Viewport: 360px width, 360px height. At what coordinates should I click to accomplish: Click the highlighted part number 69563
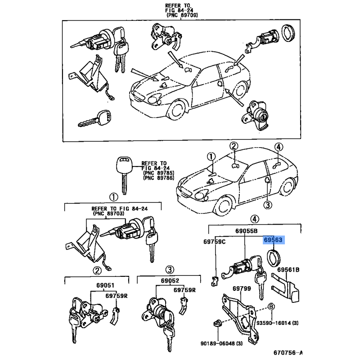tap(273, 240)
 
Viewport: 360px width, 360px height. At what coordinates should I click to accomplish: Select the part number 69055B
tap(246, 231)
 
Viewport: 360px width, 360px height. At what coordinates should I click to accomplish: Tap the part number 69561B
tap(288, 270)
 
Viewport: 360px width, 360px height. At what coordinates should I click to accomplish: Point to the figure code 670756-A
tap(288, 352)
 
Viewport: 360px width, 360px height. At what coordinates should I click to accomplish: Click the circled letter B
tap(271, 307)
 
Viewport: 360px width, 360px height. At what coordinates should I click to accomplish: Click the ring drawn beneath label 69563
tap(274, 258)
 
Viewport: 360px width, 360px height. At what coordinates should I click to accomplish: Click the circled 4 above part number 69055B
tap(255, 219)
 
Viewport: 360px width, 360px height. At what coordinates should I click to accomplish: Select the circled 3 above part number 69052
tap(169, 269)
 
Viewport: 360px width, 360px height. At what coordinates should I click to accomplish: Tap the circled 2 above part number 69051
tap(97, 270)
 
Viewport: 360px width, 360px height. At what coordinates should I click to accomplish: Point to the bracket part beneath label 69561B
tap(287, 288)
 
